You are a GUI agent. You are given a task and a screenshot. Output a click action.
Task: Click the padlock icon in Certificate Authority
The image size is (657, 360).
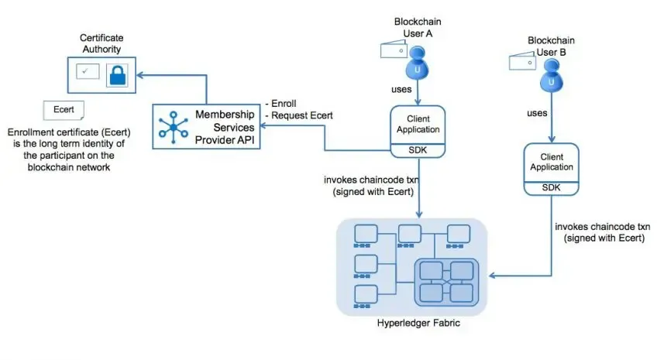coord(117,74)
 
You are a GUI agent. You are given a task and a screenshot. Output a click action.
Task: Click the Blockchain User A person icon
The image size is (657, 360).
coord(419,60)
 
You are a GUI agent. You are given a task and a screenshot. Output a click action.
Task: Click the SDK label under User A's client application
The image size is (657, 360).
coord(419,149)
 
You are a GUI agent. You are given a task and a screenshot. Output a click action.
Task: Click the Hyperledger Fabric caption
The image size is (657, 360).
coord(418,324)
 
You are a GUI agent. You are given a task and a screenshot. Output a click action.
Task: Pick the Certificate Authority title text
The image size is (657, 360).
coord(101,43)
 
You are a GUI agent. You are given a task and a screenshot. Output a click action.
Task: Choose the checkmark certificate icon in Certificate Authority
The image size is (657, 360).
coord(86,73)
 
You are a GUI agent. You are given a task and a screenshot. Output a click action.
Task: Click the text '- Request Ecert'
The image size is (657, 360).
coord(299,115)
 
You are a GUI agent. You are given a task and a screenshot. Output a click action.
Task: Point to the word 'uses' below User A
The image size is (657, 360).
coord(401,89)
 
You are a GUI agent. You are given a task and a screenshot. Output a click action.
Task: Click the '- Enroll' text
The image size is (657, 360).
coord(281,103)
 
